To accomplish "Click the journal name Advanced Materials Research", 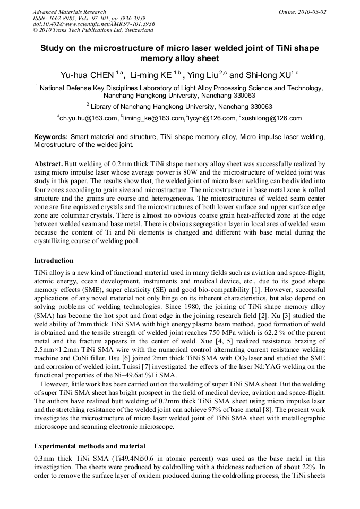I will pyautogui.click(x=69, y=12).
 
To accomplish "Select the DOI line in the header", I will pyautogui.click(x=93, y=24).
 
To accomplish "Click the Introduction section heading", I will pyautogui.click(x=54, y=261).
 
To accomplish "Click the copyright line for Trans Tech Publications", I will pyautogui.click(x=93, y=30).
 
